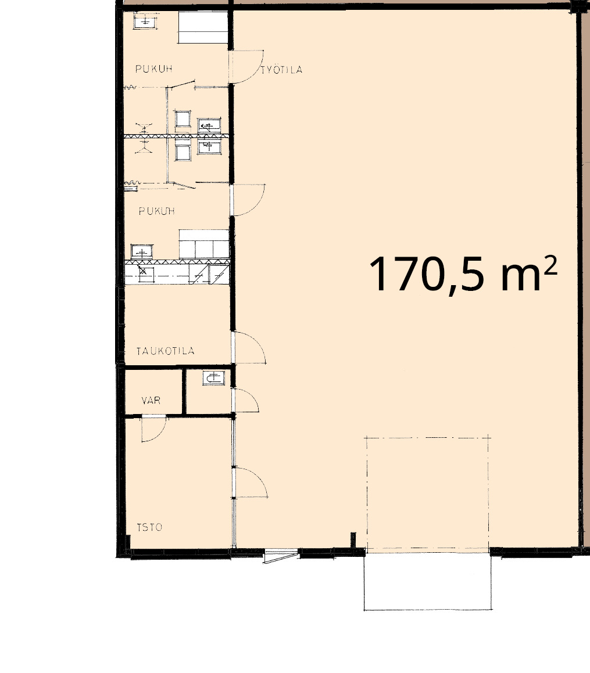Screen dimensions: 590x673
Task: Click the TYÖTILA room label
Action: tap(281, 70)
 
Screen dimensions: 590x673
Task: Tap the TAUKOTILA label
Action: tap(166, 351)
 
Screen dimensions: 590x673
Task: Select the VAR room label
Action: tap(151, 401)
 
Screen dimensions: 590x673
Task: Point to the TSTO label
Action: tap(149, 527)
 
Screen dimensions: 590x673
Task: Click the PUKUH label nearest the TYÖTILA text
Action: tap(154, 69)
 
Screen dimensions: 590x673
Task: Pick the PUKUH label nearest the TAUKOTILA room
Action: tap(157, 211)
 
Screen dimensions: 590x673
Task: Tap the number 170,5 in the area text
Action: tap(430, 275)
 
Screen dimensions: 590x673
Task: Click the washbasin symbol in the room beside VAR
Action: tap(213, 378)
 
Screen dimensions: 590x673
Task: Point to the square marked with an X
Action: tap(143, 271)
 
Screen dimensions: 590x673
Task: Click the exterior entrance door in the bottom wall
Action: tap(281, 555)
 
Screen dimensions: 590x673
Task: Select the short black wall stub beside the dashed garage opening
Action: tap(353, 540)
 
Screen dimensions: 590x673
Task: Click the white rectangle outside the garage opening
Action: tap(428, 580)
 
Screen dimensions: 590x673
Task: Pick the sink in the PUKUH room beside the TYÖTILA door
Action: tap(145, 21)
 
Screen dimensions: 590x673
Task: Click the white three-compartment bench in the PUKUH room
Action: tap(203, 244)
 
